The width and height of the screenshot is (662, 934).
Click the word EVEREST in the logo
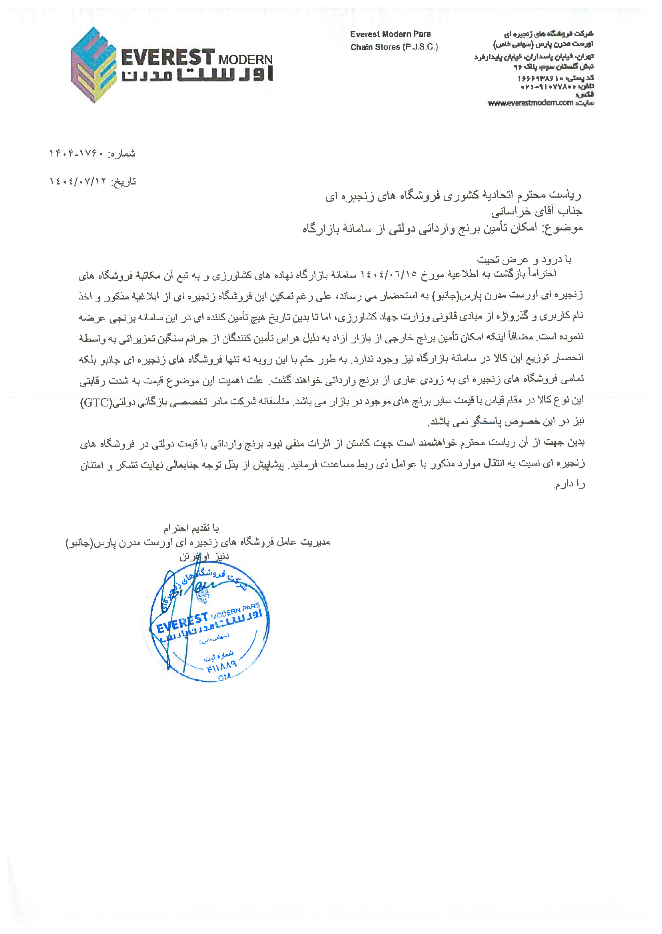[x=167, y=58]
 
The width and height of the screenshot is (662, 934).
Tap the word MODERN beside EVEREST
[x=245, y=60]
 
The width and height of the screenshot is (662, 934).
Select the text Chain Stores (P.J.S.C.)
[x=394, y=47]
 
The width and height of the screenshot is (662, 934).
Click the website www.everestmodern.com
[x=530, y=103]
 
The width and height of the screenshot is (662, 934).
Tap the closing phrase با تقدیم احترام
[x=191, y=528]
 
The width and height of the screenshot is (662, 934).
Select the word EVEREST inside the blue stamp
[x=182, y=623]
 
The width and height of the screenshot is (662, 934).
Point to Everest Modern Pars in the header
[x=390, y=34]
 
